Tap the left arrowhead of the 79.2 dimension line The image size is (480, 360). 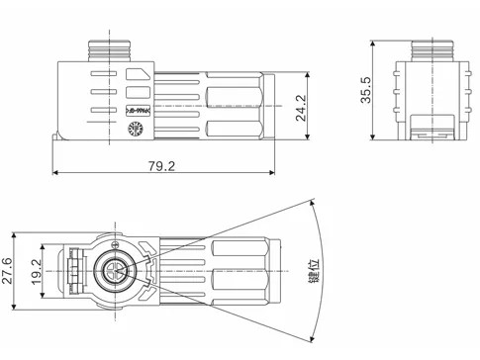55,173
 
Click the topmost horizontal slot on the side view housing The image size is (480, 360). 112,72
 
